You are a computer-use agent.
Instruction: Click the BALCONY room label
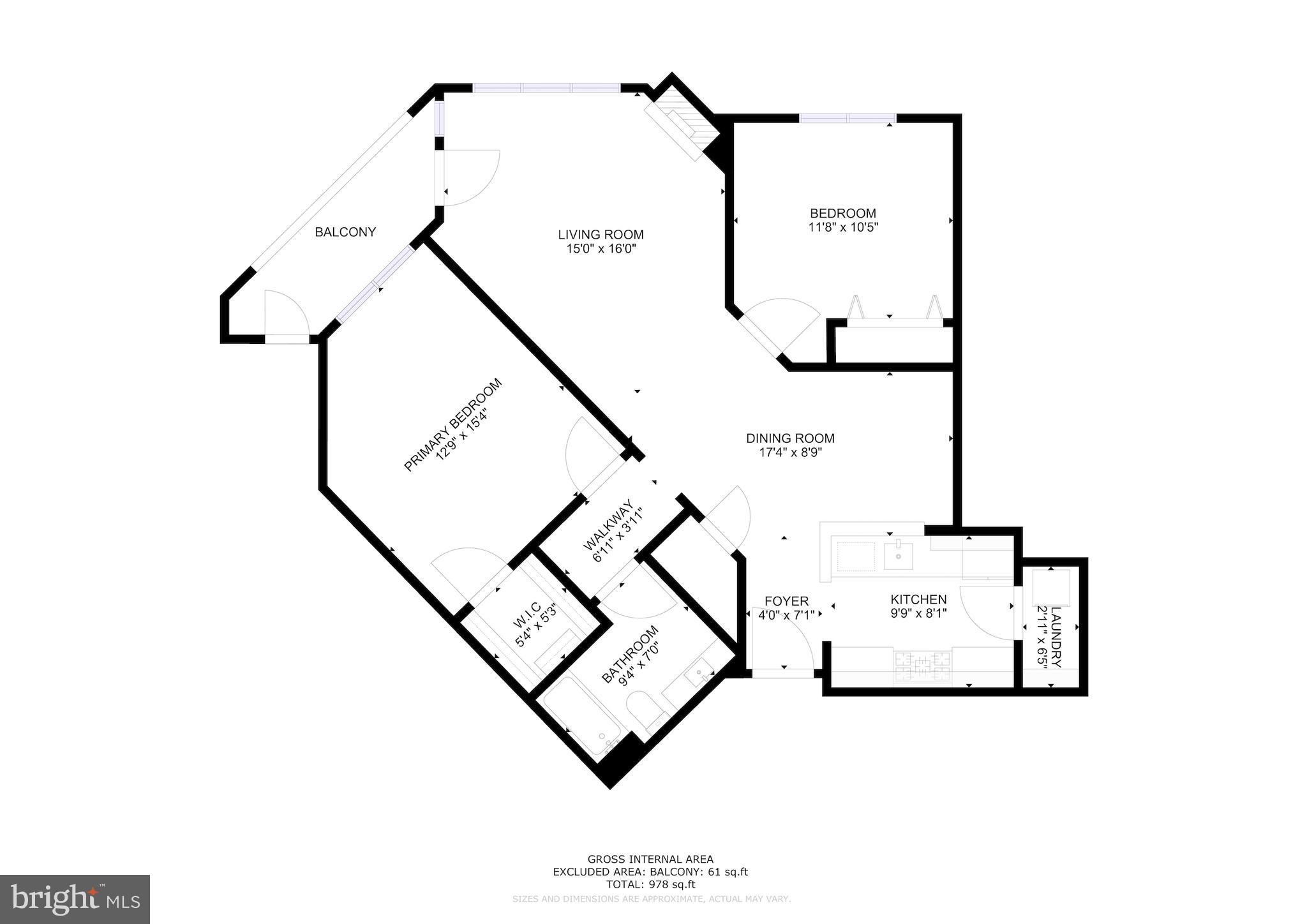(x=345, y=232)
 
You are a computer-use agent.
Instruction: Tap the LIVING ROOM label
(x=601, y=235)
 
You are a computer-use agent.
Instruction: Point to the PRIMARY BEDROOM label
(x=452, y=425)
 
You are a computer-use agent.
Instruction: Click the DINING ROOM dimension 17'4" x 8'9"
(x=790, y=452)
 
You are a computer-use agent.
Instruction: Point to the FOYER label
(x=786, y=601)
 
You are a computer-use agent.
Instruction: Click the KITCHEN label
(x=918, y=600)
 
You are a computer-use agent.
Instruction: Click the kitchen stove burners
(x=923, y=666)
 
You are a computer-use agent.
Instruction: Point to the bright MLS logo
(x=75, y=898)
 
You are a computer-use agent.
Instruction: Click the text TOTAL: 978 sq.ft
(x=650, y=884)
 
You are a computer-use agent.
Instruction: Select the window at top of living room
(x=546, y=89)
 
